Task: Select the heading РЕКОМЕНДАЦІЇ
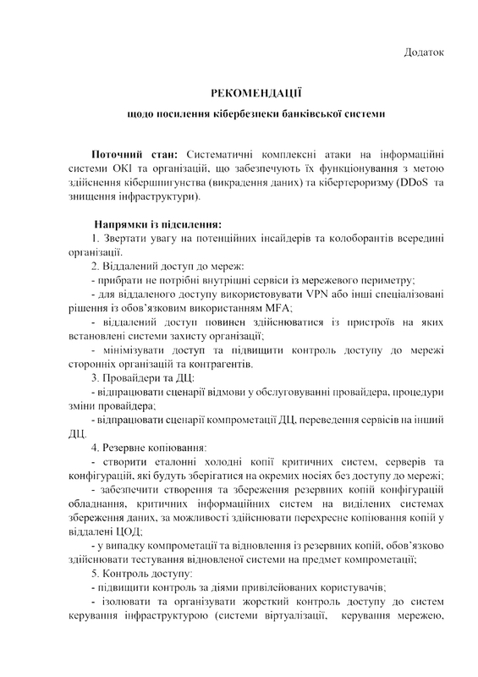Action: (255, 91)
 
